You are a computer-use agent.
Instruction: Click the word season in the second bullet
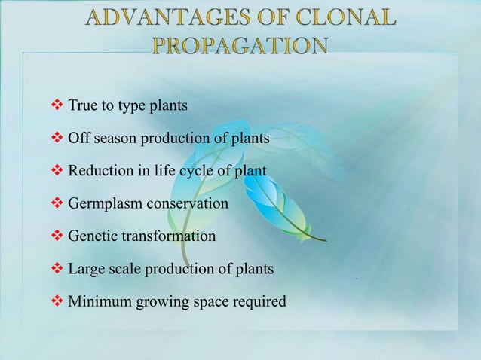[x=115, y=139]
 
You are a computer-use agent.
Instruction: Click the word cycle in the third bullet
[x=194, y=171]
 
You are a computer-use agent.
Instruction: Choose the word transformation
[x=168, y=236]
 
